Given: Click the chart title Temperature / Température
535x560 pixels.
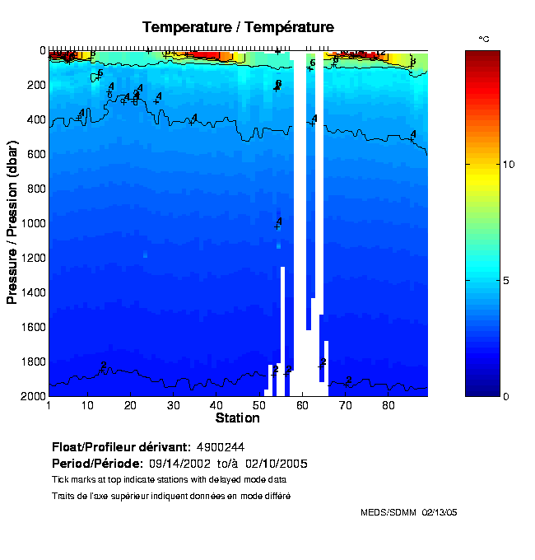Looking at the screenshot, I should (238, 27).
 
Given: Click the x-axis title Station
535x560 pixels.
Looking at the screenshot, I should (238, 418).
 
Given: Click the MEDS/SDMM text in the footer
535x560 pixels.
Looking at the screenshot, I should (388, 512).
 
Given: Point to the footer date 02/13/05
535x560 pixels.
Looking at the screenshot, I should (439, 512).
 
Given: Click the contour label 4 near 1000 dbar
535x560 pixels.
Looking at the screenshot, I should (279, 222).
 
